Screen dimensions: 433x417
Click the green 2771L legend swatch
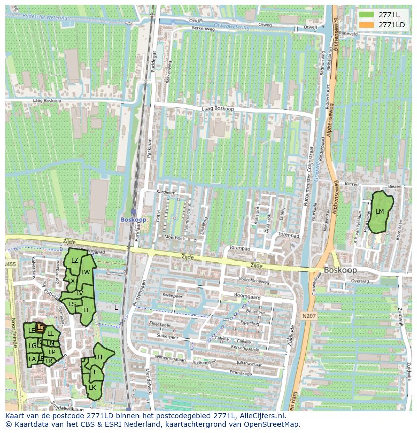click(366, 15)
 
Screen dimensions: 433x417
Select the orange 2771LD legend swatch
click(366, 25)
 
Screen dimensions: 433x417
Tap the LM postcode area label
click(380, 212)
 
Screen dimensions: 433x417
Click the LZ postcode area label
click(75, 261)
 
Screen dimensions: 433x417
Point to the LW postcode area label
click(86, 272)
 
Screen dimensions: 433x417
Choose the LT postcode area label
click(86, 310)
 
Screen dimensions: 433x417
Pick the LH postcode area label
click(99, 357)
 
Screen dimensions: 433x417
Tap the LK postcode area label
click(92, 388)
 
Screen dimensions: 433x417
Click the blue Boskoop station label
click(133, 220)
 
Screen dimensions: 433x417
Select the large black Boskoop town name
click(341, 270)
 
